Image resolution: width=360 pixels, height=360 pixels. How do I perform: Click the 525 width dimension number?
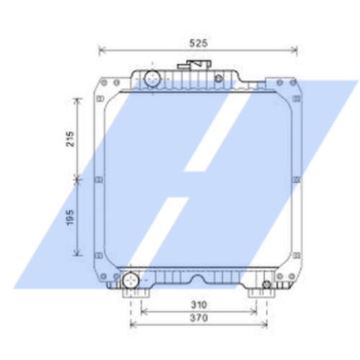pos(197,43)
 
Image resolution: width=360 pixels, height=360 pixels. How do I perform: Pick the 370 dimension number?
pos(199,318)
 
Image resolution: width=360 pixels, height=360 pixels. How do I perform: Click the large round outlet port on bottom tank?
pos(130,280)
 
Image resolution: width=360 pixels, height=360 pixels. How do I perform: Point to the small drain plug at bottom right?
pos(266,286)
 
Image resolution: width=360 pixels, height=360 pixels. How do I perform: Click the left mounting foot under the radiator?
pos(134,296)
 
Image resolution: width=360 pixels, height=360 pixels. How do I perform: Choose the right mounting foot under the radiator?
pos(258,296)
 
